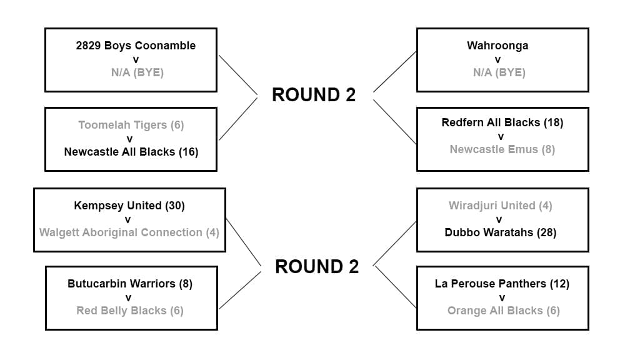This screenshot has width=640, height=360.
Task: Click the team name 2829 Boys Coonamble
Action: [136, 46]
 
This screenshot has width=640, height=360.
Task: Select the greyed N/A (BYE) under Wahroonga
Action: [498, 72]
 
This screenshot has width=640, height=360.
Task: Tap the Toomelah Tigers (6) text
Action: [131, 125]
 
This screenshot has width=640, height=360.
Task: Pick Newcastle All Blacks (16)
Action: [131, 152]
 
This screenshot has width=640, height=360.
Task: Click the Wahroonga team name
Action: [497, 46]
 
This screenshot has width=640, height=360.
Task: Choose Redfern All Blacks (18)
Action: [502, 122]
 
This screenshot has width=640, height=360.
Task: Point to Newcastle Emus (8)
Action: [502, 149]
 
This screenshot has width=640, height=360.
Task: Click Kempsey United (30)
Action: [129, 206]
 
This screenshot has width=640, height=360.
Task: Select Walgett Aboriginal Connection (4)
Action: [129, 232]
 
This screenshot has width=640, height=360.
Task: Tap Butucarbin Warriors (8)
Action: [130, 284]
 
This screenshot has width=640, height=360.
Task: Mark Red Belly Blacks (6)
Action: [130, 311]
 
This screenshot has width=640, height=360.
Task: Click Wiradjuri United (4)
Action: [501, 206]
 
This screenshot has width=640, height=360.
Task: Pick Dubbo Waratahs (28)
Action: [501, 232]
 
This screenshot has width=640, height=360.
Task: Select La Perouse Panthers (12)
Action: [502, 284]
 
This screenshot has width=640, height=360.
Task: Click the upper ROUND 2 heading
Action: [314, 95]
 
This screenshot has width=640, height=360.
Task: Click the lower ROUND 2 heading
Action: [317, 267]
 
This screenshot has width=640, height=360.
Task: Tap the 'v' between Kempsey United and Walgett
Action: [128, 219]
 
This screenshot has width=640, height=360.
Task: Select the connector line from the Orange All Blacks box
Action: [396, 287]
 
